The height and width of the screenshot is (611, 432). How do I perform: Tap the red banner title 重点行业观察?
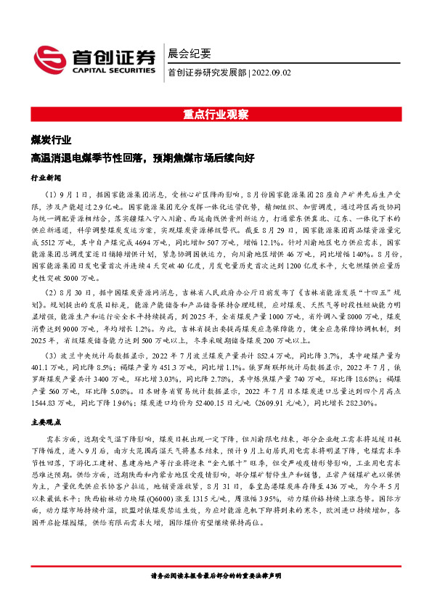[216, 115]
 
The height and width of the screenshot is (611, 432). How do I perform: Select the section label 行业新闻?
[46, 177]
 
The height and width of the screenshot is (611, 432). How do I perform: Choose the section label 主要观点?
[46, 421]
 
